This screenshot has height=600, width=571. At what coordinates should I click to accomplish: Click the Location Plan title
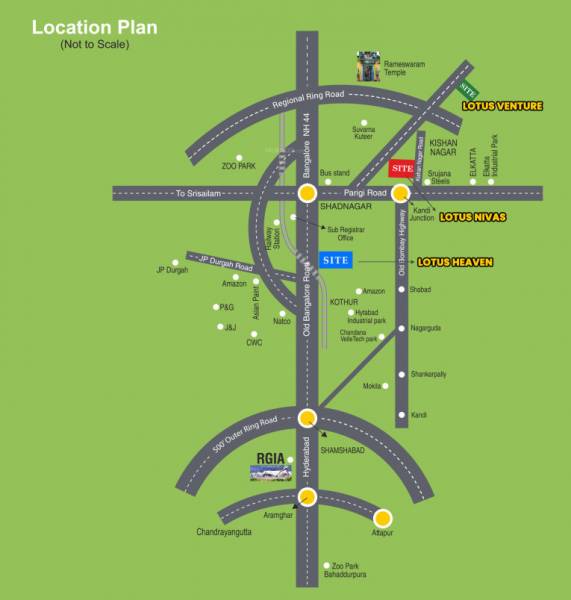coord(93,27)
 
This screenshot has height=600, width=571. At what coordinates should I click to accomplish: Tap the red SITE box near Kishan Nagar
coord(402,168)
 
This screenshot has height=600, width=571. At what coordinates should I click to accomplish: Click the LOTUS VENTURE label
coord(502,105)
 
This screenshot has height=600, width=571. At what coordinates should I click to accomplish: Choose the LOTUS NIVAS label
coord(474,217)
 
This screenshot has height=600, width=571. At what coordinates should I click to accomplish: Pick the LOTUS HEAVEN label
coord(455,262)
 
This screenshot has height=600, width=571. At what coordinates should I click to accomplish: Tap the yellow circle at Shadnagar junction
coord(307,192)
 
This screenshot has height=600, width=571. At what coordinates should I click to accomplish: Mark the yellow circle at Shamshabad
coord(307,419)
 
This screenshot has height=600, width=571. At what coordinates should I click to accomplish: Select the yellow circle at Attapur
coord(383,518)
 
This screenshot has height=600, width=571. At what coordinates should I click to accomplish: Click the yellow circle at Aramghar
coord(307,496)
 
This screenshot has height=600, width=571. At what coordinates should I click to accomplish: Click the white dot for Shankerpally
coord(402,374)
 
